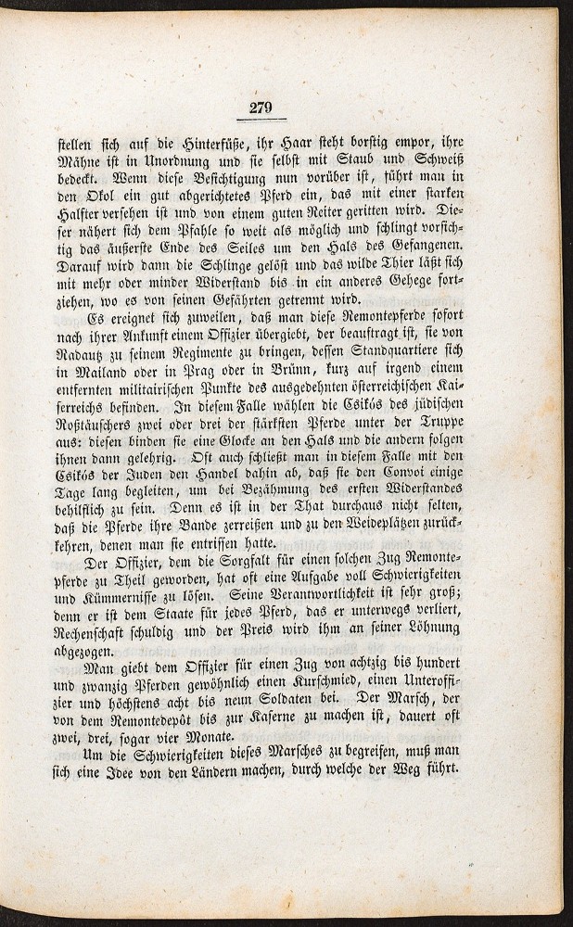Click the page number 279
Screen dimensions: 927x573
pyautogui.click(x=261, y=109)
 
